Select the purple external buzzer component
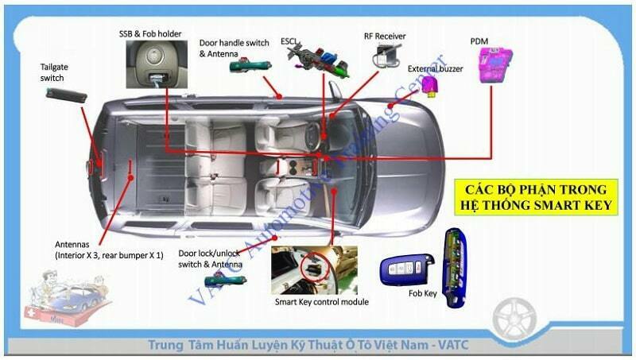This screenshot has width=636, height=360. tap(430, 84)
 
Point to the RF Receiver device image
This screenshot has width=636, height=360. tap(387, 56)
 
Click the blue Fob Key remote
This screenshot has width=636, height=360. tap(405, 269)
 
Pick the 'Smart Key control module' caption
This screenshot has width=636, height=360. tap(321, 302)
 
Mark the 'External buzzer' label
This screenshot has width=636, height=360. tap(435, 68)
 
